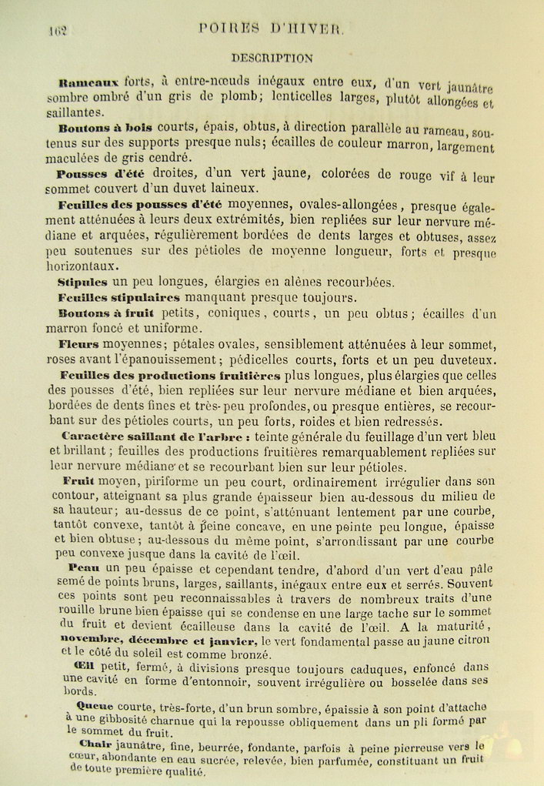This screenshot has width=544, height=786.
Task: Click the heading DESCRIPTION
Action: pyautogui.click(x=272, y=57)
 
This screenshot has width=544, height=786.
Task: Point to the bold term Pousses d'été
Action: pyautogui.click(x=102, y=174)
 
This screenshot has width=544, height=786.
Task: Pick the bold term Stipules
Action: pyautogui.click(x=82, y=282)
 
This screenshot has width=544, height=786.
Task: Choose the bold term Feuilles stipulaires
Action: pyautogui.click(x=118, y=297)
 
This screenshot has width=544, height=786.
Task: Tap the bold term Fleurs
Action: pyautogui.click(x=80, y=344)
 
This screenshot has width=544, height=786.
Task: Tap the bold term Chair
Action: pyautogui.click(x=94, y=744)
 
